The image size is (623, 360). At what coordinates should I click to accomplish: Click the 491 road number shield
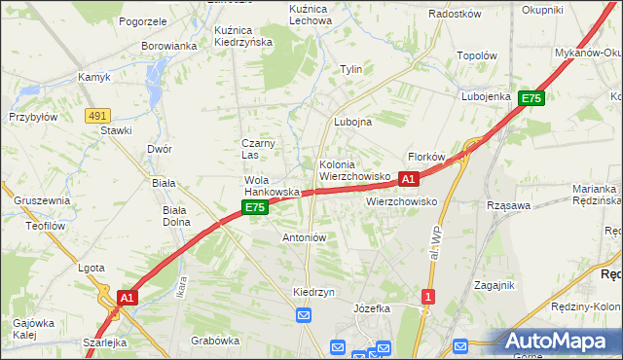(x=96, y=115)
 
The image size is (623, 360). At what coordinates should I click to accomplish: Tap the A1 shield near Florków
(x=409, y=179)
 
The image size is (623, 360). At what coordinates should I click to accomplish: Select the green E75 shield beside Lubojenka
(x=531, y=98)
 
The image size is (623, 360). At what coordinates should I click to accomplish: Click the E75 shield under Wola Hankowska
(x=255, y=208)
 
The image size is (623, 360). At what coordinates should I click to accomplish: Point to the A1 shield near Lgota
(x=127, y=297)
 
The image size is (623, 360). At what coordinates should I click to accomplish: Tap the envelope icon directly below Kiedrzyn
(x=303, y=315)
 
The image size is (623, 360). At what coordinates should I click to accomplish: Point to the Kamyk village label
(x=94, y=77)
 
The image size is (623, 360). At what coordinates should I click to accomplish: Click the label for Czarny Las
(x=259, y=149)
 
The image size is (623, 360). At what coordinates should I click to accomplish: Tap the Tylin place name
(x=350, y=69)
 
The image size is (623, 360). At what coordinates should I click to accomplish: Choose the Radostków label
(x=456, y=15)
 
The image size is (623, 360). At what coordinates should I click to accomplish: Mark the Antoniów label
(x=304, y=237)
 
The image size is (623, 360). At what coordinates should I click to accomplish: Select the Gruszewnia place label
(x=42, y=200)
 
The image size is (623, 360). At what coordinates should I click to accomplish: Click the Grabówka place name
(x=215, y=341)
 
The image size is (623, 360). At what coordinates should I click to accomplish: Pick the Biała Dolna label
(x=176, y=215)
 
